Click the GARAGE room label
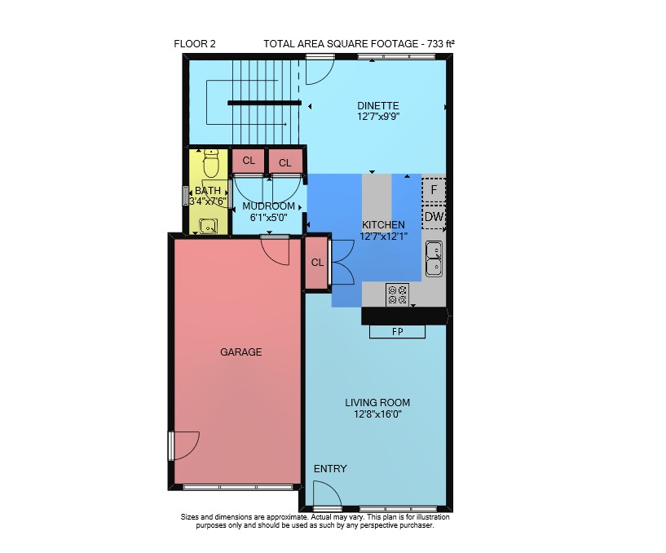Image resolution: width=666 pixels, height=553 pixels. click(240, 352)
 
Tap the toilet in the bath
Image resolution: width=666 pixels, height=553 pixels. click(210, 164)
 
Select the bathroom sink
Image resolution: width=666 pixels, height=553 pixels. click(209, 226)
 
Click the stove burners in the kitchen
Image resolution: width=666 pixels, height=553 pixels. click(398, 294)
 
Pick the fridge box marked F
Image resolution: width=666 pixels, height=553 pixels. click(434, 189)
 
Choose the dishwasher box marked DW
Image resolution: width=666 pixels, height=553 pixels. click(434, 217)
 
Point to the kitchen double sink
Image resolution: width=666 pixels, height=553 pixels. click(434, 259)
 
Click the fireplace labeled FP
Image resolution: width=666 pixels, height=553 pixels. click(397, 331)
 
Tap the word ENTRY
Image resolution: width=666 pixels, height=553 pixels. click(330, 469)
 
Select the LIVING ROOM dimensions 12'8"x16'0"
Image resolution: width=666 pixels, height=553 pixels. click(377, 414)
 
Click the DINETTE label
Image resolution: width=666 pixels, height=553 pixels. click(378, 106)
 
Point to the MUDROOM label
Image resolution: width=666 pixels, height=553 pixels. click(268, 206)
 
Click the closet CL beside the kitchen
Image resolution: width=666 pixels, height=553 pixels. click(317, 263)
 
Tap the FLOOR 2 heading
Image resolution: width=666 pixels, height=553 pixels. click(195, 44)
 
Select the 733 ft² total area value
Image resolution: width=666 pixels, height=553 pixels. click(442, 43)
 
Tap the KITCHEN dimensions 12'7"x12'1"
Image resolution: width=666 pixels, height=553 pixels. click(384, 237)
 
